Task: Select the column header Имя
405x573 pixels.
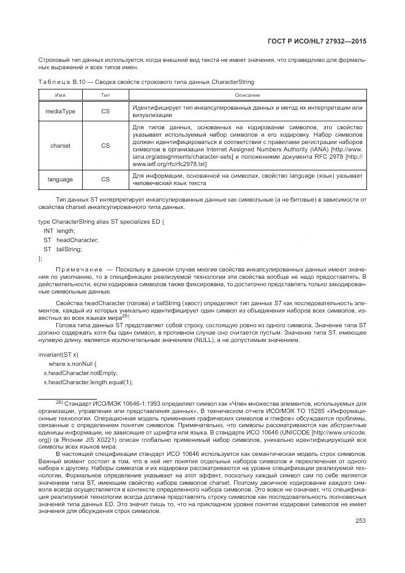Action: [61, 95]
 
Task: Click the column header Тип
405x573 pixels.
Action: [105, 95]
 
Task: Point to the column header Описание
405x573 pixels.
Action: [247, 95]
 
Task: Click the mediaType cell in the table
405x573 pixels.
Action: [61, 111]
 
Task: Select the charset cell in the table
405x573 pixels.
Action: [61, 146]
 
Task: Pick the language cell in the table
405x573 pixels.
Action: [61, 180]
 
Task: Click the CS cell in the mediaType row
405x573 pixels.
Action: [105, 111]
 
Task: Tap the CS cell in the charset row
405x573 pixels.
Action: [105, 146]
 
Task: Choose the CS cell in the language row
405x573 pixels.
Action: [105, 180]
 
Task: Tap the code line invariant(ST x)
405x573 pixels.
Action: [58, 355]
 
